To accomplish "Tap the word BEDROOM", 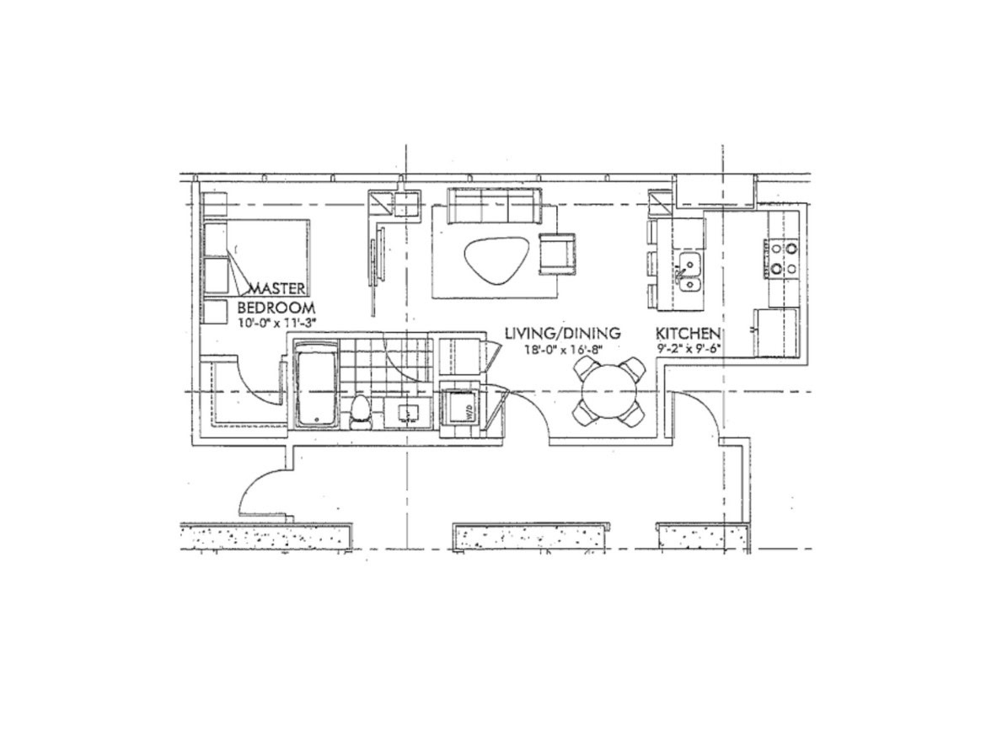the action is click(276, 308).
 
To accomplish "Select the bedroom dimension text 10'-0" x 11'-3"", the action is click(276, 323).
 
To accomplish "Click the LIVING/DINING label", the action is click(564, 333).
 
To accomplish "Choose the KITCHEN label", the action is click(688, 333).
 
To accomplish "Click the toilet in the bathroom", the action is click(361, 412).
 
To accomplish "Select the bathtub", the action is click(317, 384).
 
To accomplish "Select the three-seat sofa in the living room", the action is click(493, 206).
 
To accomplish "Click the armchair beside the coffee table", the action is click(558, 253).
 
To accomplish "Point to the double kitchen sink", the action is click(689, 271).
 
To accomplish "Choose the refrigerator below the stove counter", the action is click(777, 332).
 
